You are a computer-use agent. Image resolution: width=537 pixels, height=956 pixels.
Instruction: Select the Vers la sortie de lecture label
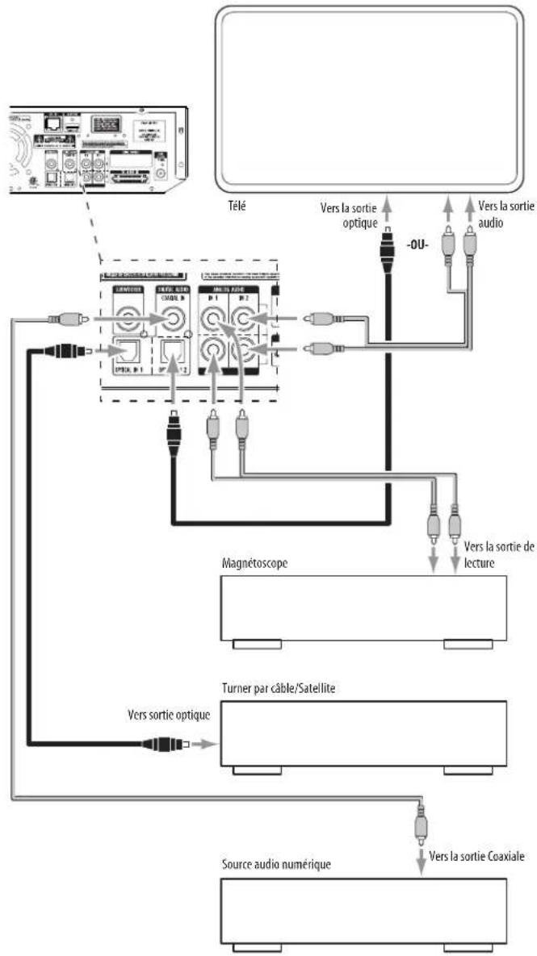(498, 553)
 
